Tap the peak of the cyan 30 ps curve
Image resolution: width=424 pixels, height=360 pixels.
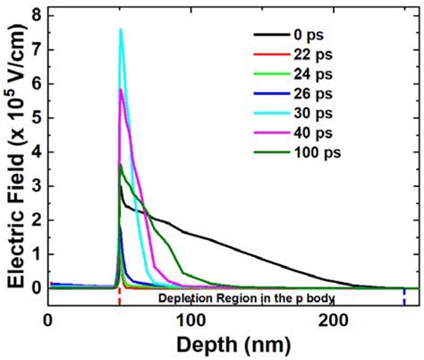pyautogui.click(x=120, y=30)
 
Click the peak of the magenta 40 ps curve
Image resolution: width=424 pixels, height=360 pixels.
pyautogui.click(x=121, y=90)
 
